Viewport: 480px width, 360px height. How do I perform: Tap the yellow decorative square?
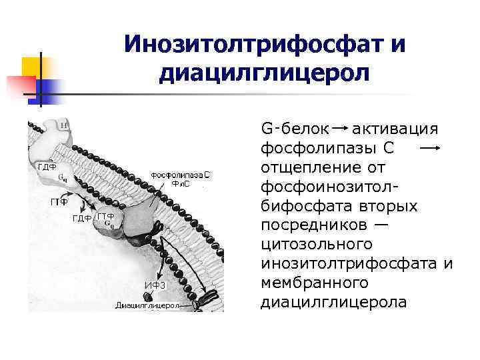click(x=33, y=67)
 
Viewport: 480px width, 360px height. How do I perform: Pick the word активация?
click(x=395, y=127)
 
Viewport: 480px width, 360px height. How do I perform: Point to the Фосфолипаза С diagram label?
click(x=180, y=175)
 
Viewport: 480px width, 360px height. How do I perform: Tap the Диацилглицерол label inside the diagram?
click(x=148, y=305)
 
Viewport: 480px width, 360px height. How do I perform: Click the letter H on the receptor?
click(x=63, y=125)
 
